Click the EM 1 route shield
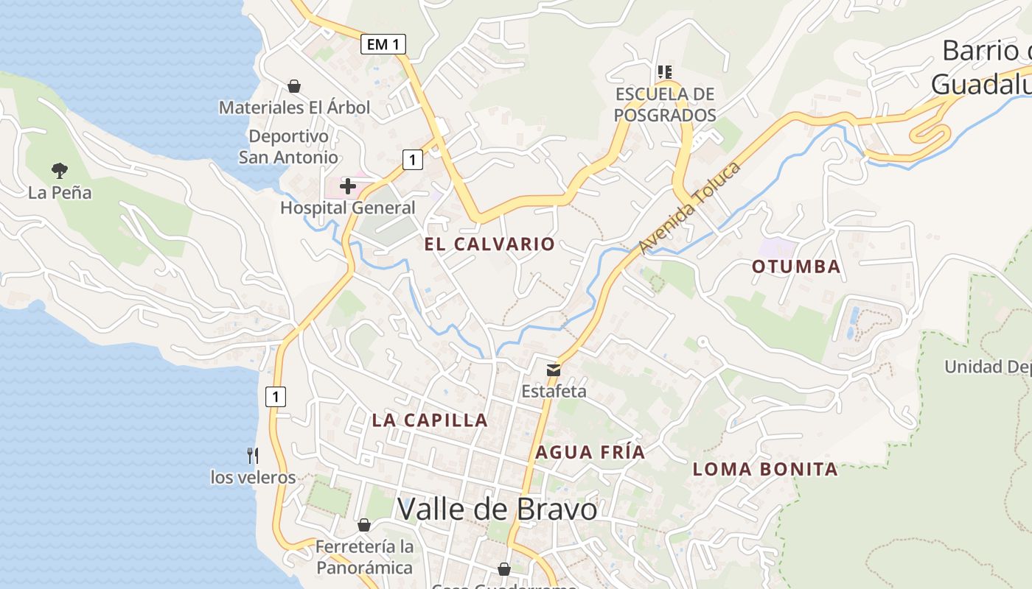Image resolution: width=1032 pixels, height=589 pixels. pyautogui.click(x=383, y=44)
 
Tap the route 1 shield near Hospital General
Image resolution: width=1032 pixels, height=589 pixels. pyautogui.click(x=413, y=159)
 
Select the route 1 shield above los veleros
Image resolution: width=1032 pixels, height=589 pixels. pyautogui.click(x=276, y=397)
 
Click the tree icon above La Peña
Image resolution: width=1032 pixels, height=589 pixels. pyautogui.click(x=60, y=171)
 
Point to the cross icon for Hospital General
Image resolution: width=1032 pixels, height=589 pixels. pyautogui.click(x=347, y=186)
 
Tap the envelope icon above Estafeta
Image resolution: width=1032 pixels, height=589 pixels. pyautogui.click(x=554, y=370)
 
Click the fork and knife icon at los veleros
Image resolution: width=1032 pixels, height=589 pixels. pyautogui.click(x=252, y=456)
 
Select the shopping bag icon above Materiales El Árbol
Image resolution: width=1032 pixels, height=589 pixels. pyautogui.click(x=294, y=87)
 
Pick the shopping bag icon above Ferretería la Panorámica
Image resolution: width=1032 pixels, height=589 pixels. pyautogui.click(x=363, y=525)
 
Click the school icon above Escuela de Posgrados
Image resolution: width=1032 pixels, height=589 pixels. pyautogui.click(x=665, y=72)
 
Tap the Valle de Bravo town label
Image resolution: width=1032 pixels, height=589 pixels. pyautogui.click(x=497, y=509)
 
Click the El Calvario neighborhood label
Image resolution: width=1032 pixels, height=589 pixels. pyautogui.click(x=489, y=244)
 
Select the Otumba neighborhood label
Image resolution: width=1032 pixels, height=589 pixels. pyautogui.click(x=796, y=267)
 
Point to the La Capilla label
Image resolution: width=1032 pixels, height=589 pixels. pyautogui.click(x=430, y=420)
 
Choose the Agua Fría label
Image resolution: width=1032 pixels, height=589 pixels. pyautogui.click(x=590, y=453)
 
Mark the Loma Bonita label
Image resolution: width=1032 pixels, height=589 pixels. pyautogui.click(x=765, y=469)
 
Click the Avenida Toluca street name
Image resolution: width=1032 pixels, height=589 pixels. pyautogui.click(x=689, y=208)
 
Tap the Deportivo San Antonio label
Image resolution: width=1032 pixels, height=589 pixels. pyautogui.click(x=288, y=147)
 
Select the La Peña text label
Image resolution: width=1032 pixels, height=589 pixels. pyautogui.click(x=60, y=193)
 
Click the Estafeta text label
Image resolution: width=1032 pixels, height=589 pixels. pyautogui.click(x=554, y=391)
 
